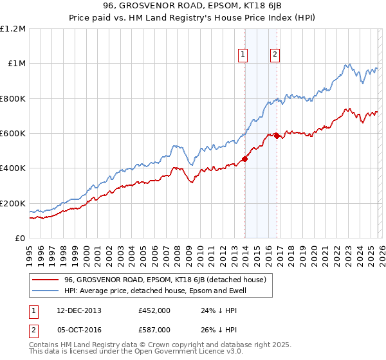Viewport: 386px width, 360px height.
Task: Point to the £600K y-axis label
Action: coord(13,134)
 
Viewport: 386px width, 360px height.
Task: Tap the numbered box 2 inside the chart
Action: coord(275,55)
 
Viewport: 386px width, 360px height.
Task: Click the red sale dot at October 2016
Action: coord(277,136)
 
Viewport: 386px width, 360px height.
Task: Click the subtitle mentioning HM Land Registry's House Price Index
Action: coord(193,19)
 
